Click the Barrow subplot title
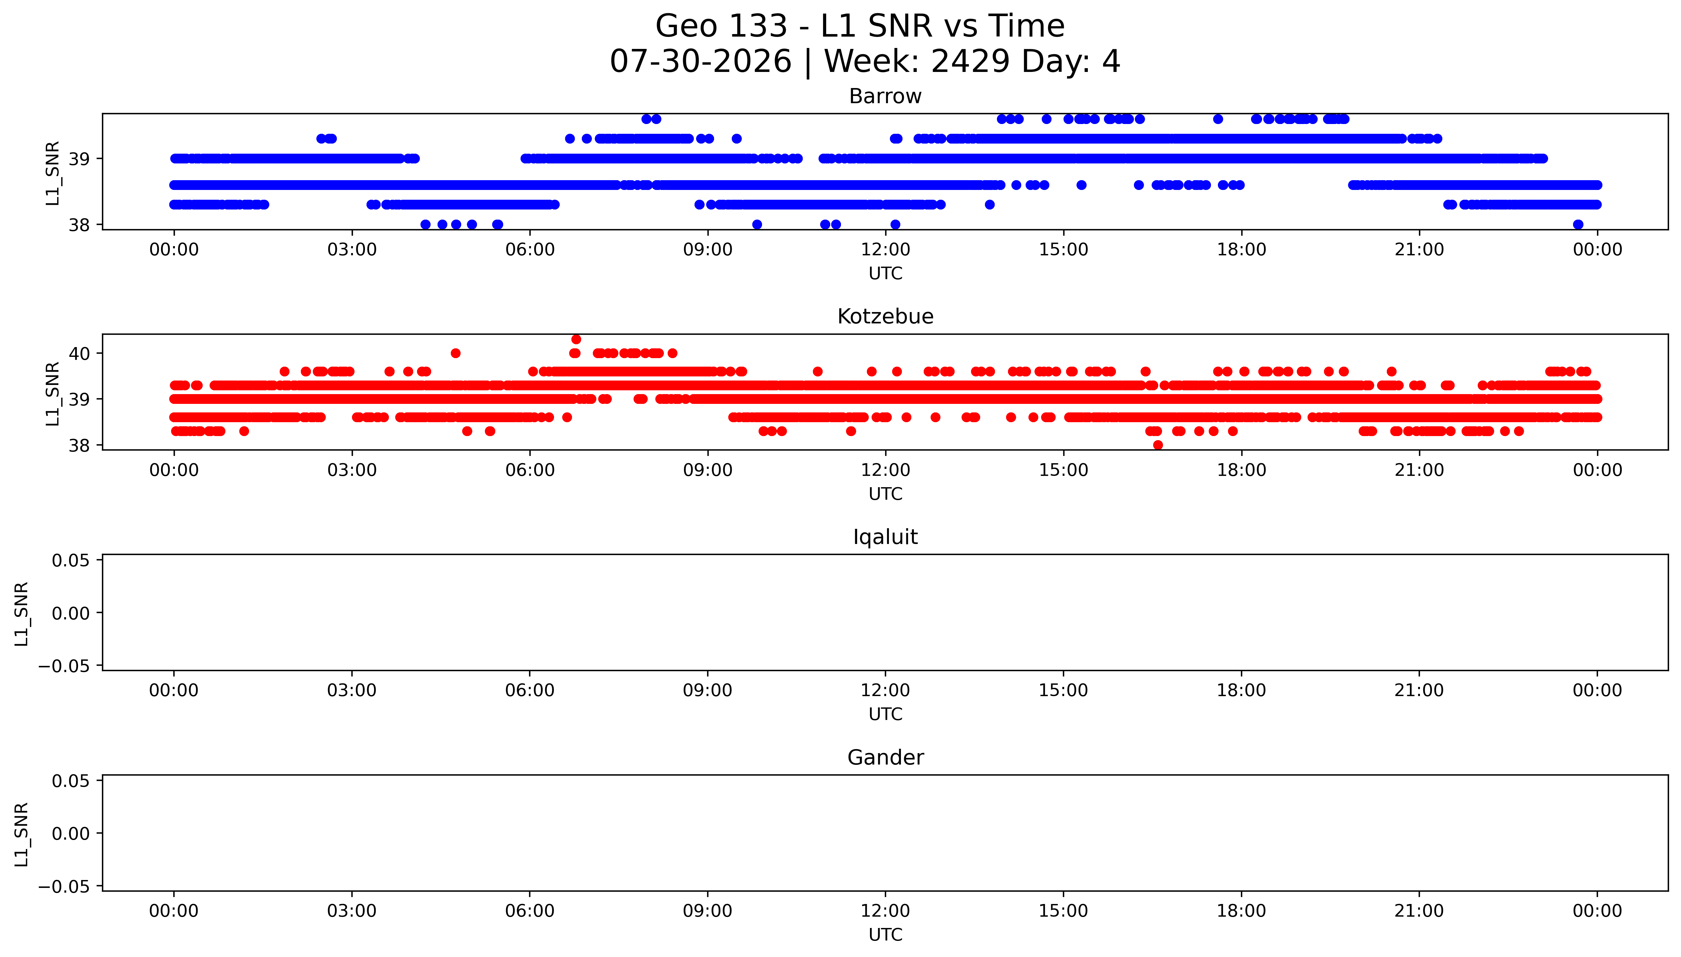tap(885, 97)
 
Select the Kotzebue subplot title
tap(885, 317)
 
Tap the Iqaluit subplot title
tap(885, 537)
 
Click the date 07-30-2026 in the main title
tap(701, 62)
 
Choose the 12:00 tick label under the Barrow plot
tap(885, 250)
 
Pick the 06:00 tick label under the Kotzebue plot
tap(530, 470)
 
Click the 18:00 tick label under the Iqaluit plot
tap(1241, 690)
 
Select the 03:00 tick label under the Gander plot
tap(352, 911)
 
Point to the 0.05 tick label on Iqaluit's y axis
tap(71, 561)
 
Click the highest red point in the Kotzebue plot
tap(576, 339)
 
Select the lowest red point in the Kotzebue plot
tap(1158, 445)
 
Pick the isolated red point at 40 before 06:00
tap(456, 353)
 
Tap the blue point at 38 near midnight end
tap(1578, 224)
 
